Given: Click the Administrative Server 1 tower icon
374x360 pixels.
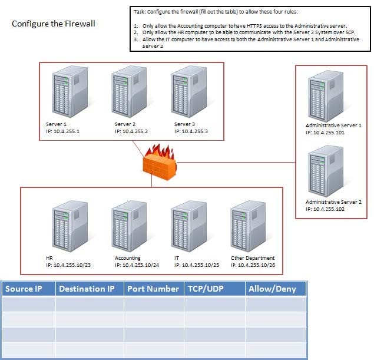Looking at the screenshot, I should pyautogui.click(x=325, y=97).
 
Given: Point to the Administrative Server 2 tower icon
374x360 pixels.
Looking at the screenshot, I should pyautogui.click(x=325, y=171).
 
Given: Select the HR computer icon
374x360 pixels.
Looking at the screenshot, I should pyautogui.click(x=69, y=227).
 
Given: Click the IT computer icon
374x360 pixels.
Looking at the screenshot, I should pyautogui.click(x=188, y=227).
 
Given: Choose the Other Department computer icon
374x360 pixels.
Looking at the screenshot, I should pyautogui.click(x=248, y=227).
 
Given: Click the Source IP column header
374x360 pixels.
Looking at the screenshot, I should pyautogui.click(x=27, y=289).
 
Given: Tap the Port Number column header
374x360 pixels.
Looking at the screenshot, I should pyautogui.click(x=153, y=289).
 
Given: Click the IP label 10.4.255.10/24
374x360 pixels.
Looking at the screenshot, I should pyautogui.click(x=137, y=266).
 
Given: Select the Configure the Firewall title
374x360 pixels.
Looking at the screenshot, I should pyautogui.click(x=53, y=24).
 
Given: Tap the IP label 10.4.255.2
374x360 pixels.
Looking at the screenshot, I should pyautogui.click(x=131, y=131).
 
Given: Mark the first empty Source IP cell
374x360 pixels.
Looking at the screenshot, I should pyautogui.click(x=29, y=304).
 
